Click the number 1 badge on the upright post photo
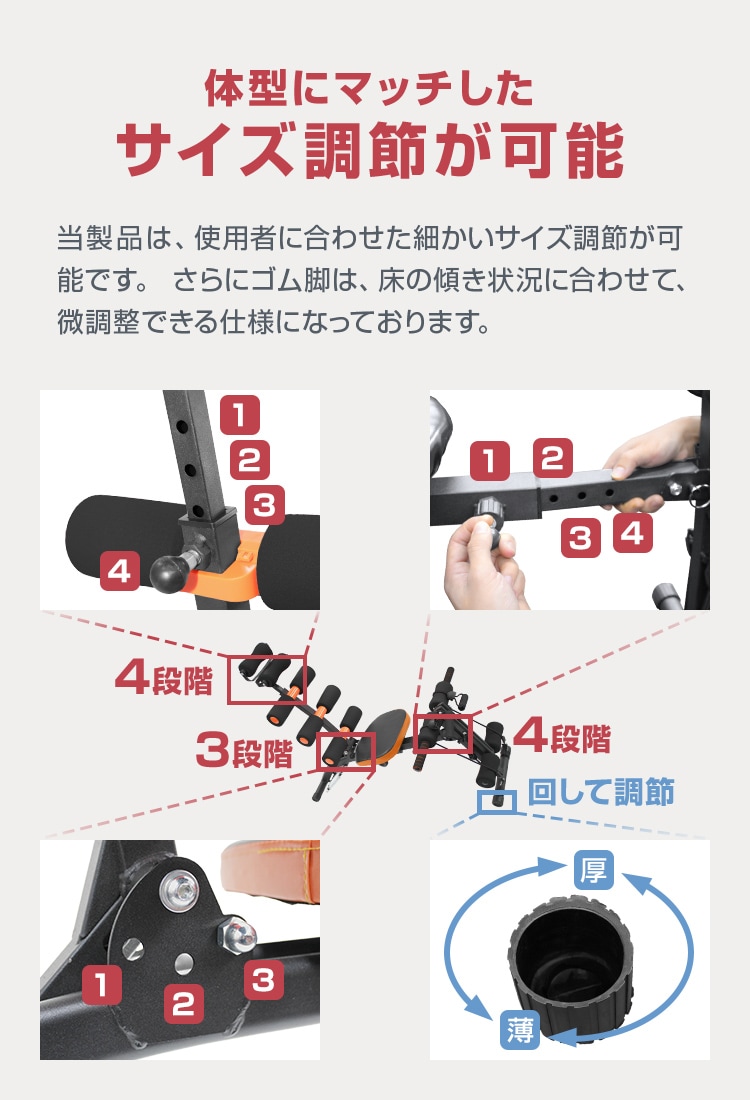[x=239, y=414]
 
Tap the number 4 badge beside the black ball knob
[x=119, y=571]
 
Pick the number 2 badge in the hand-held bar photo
[x=551, y=458]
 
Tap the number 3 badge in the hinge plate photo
[x=262, y=980]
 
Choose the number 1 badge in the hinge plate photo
[x=101, y=985]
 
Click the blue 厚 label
[x=592, y=869]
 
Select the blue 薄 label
[x=519, y=1029]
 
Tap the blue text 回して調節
[x=600, y=792]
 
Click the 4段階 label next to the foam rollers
[x=164, y=680]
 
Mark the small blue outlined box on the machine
[x=496, y=801]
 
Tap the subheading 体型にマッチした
[x=369, y=88]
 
